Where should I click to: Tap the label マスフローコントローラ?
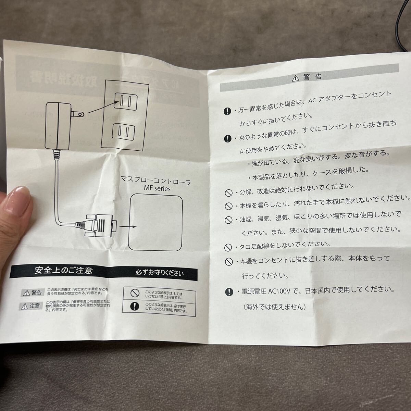tap(155, 179)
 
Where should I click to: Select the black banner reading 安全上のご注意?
tap(63, 271)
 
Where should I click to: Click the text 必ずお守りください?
tap(159, 273)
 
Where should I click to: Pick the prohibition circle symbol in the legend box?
tap(135, 293)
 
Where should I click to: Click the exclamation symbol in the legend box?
tap(136, 306)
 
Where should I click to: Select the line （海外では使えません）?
tap(274, 307)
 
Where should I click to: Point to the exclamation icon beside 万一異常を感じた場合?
tap(228, 111)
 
